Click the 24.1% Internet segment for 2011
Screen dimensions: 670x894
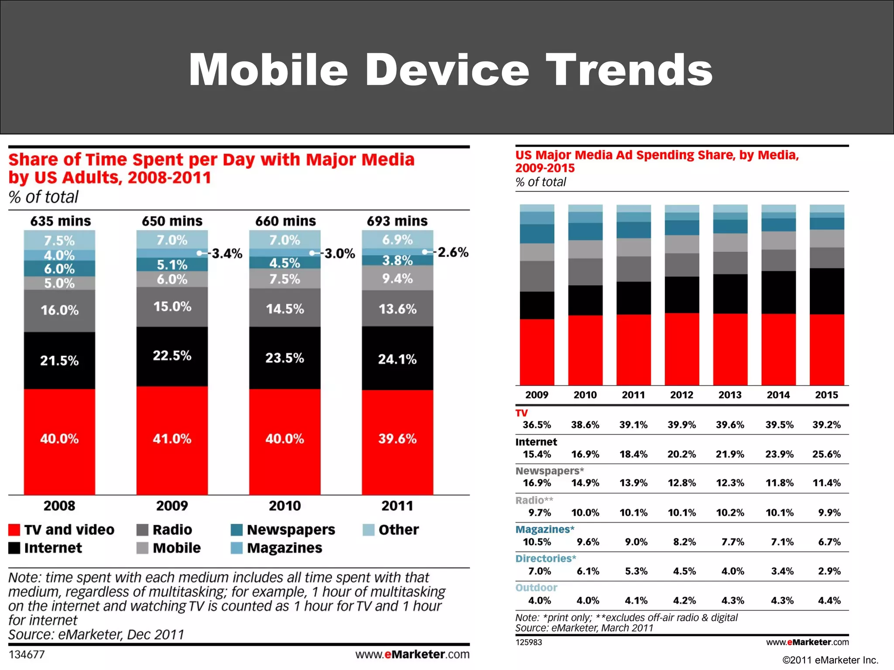click(x=397, y=359)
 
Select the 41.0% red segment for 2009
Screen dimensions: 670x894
click(x=172, y=438)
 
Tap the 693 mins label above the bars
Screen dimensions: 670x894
click(x=397, y=221)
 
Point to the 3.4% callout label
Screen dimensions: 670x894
click(x=227, y=253)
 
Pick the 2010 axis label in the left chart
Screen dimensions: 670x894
click(x=285, y=506)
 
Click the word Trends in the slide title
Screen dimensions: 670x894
click(x=629, y=70)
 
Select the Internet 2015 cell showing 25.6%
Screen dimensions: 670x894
click(x=826, y=454)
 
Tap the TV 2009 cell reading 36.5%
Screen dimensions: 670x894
click(x=536, y=425)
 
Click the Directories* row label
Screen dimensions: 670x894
click(x=546, y=558)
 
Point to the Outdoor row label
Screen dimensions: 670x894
click(x=536, y=588)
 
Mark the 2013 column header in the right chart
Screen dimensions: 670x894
click(x=730, y=395)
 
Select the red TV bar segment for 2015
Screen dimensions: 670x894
click(x=826, y=349)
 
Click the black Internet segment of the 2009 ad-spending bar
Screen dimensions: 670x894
click(x=537, y=305)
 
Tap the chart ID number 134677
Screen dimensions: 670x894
click(x=27, y=654)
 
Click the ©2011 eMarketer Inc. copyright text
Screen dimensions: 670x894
click(x=830, y=660)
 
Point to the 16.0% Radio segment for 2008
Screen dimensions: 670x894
click(x=59, y=310)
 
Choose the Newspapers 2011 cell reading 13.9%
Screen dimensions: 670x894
click(x=633, y=483)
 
